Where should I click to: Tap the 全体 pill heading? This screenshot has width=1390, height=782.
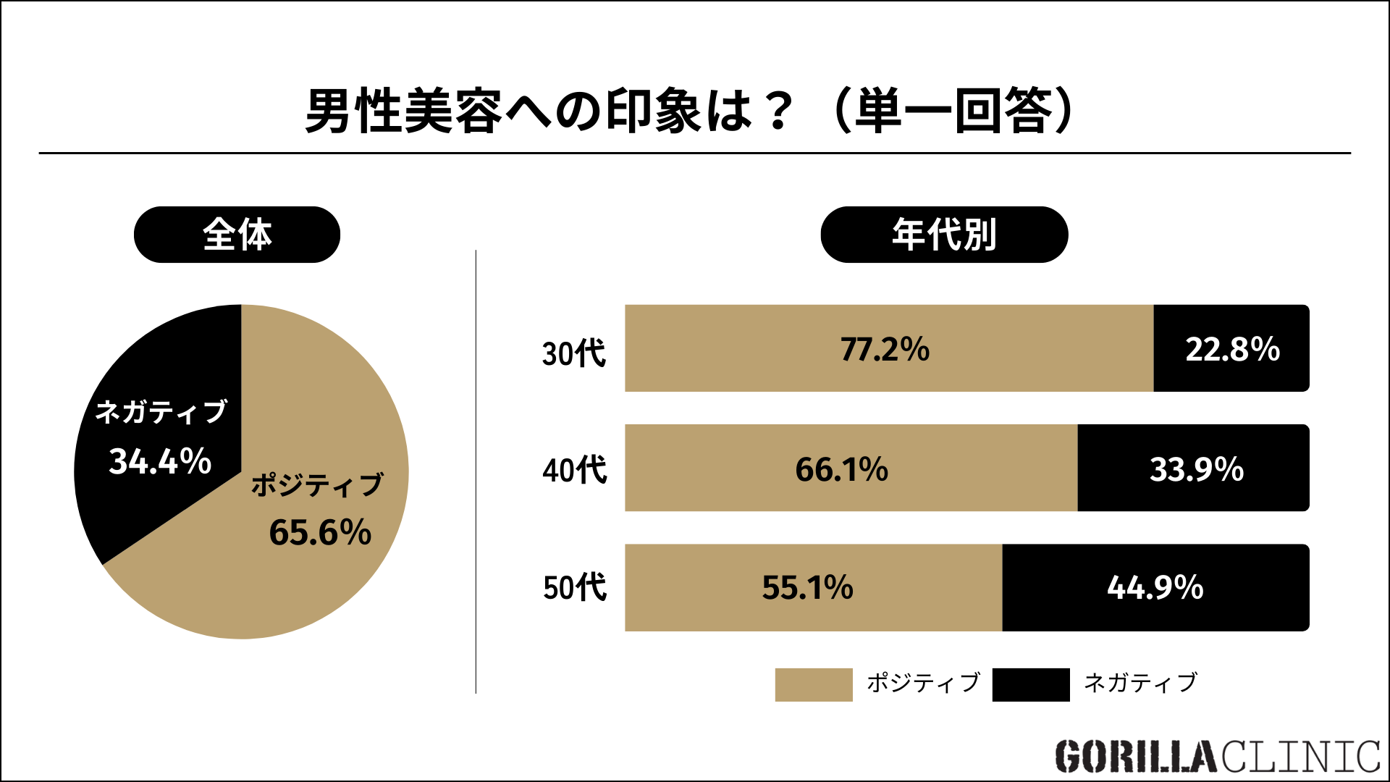[x=237, y=235]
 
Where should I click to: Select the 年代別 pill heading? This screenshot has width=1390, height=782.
[x=944, y=235]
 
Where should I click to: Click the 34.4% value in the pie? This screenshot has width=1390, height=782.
[x=160, y=461]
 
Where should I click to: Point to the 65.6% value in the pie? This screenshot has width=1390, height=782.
[x=320, y=532]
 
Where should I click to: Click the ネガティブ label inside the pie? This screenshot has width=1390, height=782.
[x=161, y=412]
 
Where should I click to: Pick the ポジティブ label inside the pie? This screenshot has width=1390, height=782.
[x=317, y=485]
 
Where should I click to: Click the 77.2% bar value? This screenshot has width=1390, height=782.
[x=885, y=349]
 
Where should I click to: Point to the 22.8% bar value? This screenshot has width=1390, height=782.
[x=1232, y=349]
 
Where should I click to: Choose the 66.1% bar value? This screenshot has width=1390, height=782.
[x=841, y=469]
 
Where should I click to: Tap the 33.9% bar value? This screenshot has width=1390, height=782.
[x=1197, y=469]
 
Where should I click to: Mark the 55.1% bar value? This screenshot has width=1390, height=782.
[x=807, y=587]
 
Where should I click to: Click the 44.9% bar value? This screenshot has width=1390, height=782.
[x=1155, y=587]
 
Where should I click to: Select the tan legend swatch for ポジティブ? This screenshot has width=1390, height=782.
[x=813, y=684]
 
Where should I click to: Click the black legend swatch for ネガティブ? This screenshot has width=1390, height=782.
[x=1031, y=684]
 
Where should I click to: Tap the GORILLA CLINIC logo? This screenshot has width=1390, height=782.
[x=1217, y=757]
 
